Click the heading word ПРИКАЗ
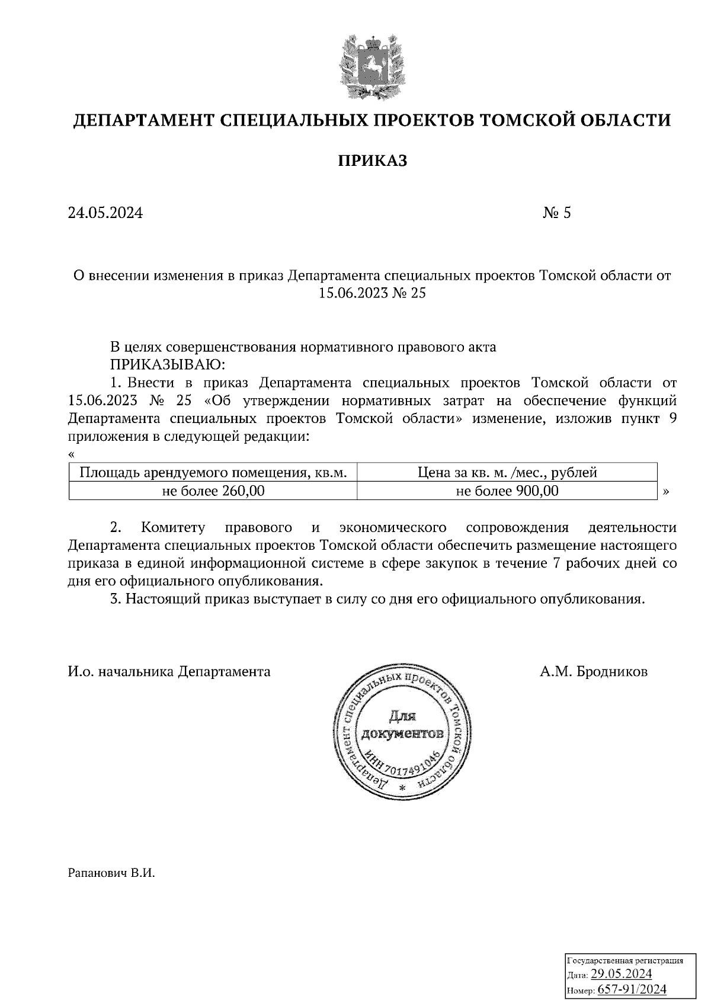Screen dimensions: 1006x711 point(373,161)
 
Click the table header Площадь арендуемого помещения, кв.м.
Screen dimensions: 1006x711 point(213,473)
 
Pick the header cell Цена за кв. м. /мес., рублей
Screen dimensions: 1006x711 point(507,473)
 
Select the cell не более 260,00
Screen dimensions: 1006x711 point(213,491)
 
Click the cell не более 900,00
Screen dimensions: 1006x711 point(507,491)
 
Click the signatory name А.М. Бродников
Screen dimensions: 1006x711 point(593,672)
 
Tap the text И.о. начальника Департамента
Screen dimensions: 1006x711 point(169,672)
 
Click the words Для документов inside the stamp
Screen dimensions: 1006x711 point(403,726)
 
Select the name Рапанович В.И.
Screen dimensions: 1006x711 point(111,873)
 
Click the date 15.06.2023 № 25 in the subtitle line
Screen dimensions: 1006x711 point(372,293)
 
